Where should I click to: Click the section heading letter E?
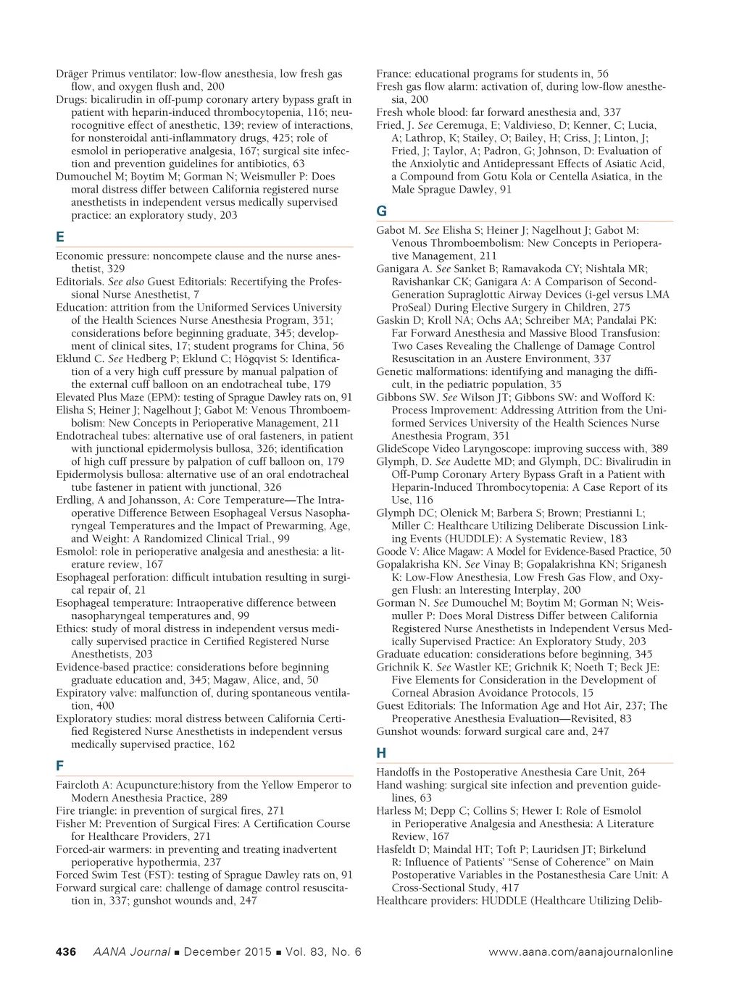(60, 237)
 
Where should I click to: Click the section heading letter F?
(59, 766)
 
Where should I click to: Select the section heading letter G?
(381, 211)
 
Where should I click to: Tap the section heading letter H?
(381, 753)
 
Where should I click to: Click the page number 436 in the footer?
(66, 952)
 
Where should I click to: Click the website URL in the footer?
(580, 952)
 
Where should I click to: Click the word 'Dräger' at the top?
(72, 74)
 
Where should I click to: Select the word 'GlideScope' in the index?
(404, 449)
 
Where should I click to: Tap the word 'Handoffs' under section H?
(399, 772)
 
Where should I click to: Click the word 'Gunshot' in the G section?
(396, 731)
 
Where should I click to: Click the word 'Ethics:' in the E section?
(72, 629)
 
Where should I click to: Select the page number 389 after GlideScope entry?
(659, 449)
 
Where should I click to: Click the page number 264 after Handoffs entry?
(636, 772)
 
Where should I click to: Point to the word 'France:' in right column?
(393, 74)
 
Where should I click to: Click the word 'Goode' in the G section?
(391, 552)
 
